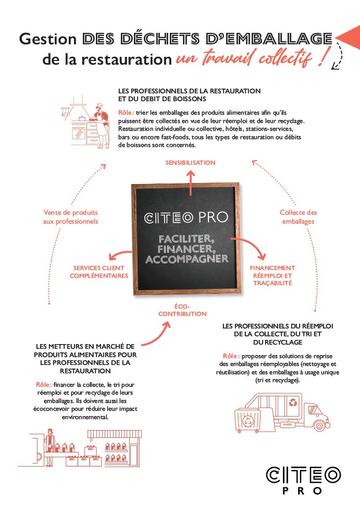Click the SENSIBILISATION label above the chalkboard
[190, 163]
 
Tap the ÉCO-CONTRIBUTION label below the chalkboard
[182, 310]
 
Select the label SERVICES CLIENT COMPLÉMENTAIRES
[99, 272]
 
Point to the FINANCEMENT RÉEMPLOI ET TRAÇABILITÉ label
[272, 275]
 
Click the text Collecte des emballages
[298, 217]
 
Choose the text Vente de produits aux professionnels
[70, 217]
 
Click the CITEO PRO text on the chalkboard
[186, 217]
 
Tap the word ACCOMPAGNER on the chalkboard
[187, 259]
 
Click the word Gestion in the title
[48, 39]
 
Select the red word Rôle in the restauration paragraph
[126, 113]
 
